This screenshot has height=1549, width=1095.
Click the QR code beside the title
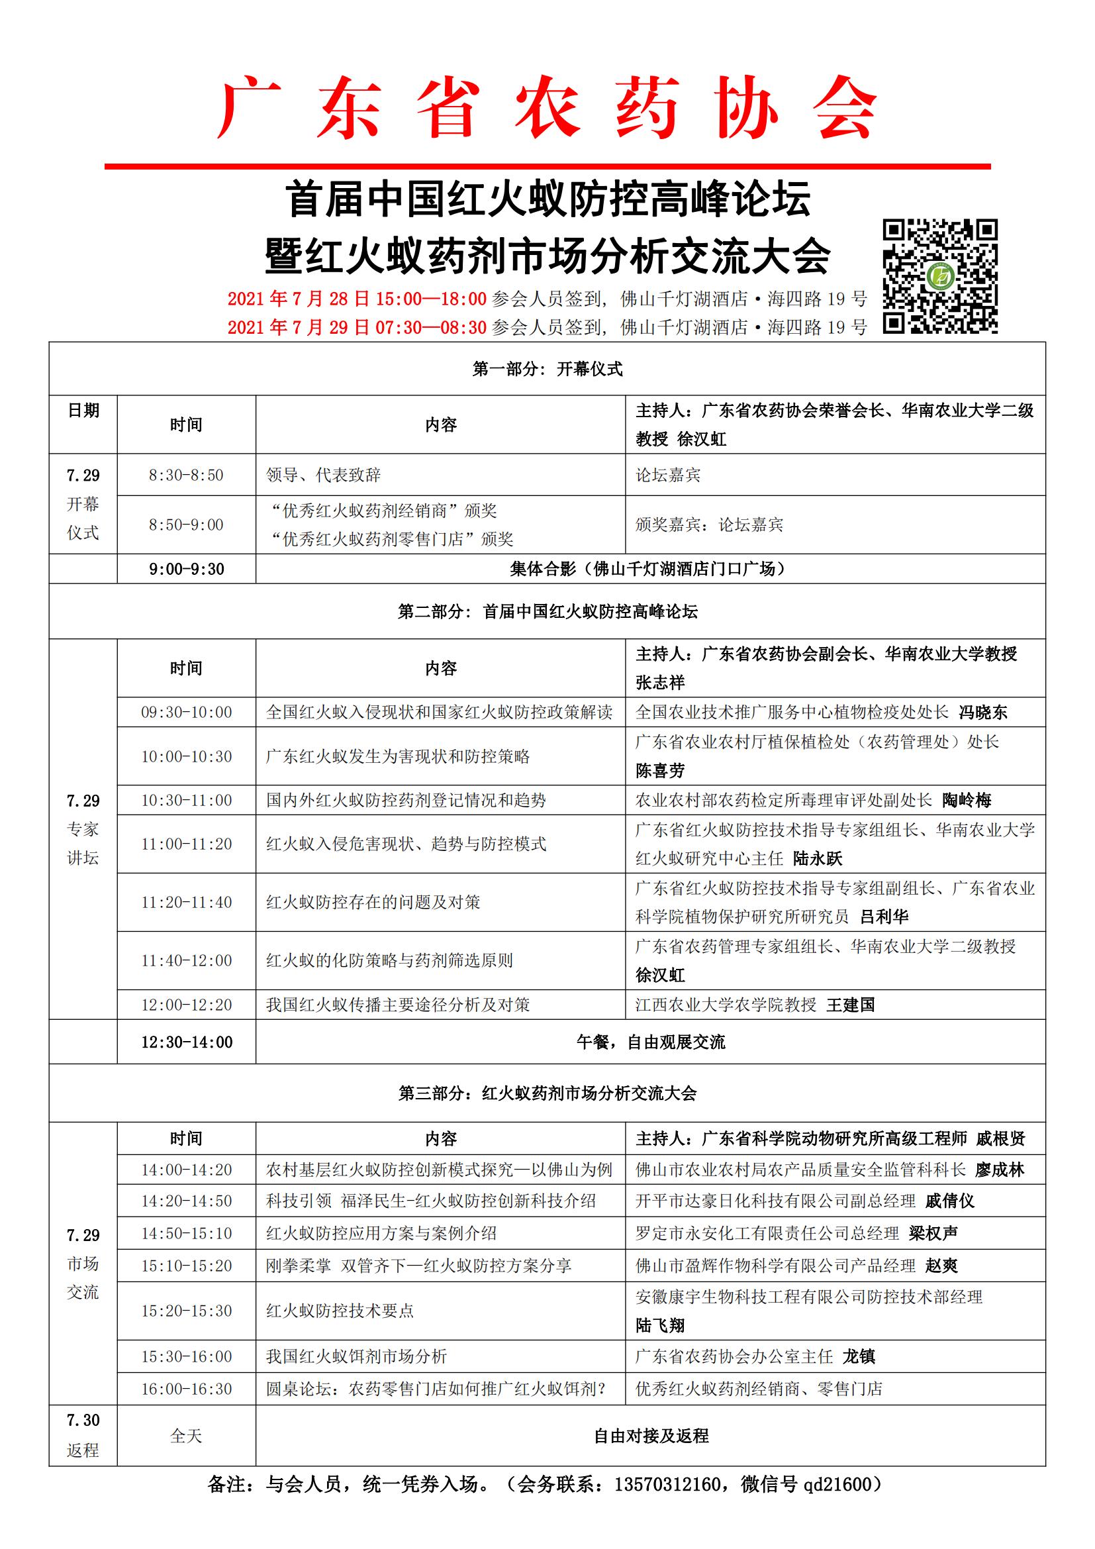click(x=940, y=276)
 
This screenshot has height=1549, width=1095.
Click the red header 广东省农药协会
click(x=547, y=108)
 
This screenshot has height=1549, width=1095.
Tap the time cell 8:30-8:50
click(x=186, y=475)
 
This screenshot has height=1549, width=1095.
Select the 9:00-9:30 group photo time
click(x=186, y=569)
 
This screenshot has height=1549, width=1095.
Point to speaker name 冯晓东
click(x=983, y=712)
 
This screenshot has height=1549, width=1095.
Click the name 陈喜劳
click(x=660, y=770)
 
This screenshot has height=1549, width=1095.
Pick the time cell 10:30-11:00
click(x=186, y=800)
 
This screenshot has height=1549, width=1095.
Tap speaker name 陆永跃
click(x=818, y=858)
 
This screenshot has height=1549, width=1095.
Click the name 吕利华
click(x=884, y=916)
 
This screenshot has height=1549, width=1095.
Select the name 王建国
click(x=850, y=1005)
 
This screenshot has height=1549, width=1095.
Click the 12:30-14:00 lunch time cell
click(x=186, y=1042)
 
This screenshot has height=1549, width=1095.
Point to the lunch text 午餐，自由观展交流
click(x=651, y=1042)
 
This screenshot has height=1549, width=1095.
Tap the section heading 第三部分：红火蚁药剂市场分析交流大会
click(x=547, y=1093)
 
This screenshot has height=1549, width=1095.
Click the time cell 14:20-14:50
click(x=186, y=1201)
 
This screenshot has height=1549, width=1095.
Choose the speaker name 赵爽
click(x=941, y=1266)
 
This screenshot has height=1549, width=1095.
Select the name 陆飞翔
click(x=660, y=1325)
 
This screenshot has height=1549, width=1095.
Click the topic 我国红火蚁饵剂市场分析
click(x=356, y=1356)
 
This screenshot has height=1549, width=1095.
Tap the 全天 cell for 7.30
click(x=186, y=1436)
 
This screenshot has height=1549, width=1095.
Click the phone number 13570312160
click(x=667, y=1484)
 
